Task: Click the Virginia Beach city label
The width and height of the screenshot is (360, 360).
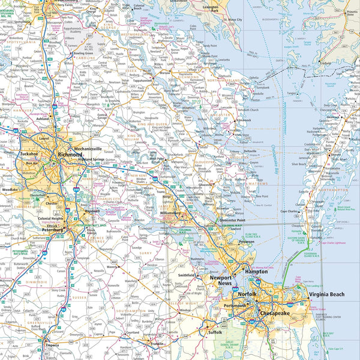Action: click(x=328, y=295)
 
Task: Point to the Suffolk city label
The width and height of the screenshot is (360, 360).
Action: click(x=215, y=331)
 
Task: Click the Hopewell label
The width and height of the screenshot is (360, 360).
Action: click(x=92, y=211)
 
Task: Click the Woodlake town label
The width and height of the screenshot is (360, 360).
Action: click(x=10, y=189)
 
